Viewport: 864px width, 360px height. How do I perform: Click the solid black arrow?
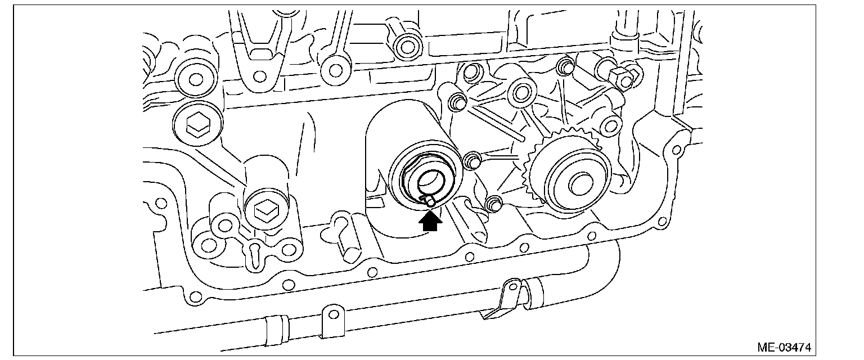(430, 222)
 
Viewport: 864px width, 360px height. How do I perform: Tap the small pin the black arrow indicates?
(430, 199)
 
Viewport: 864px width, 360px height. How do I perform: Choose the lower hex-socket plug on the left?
(264, 210)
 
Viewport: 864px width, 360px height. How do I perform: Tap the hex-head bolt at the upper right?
(621, 78)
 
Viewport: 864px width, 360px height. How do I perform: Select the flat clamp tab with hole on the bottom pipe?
(333, 318)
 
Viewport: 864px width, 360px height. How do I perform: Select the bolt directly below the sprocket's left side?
(493, 203)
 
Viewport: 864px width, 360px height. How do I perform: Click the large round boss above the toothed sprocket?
(521, 93)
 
